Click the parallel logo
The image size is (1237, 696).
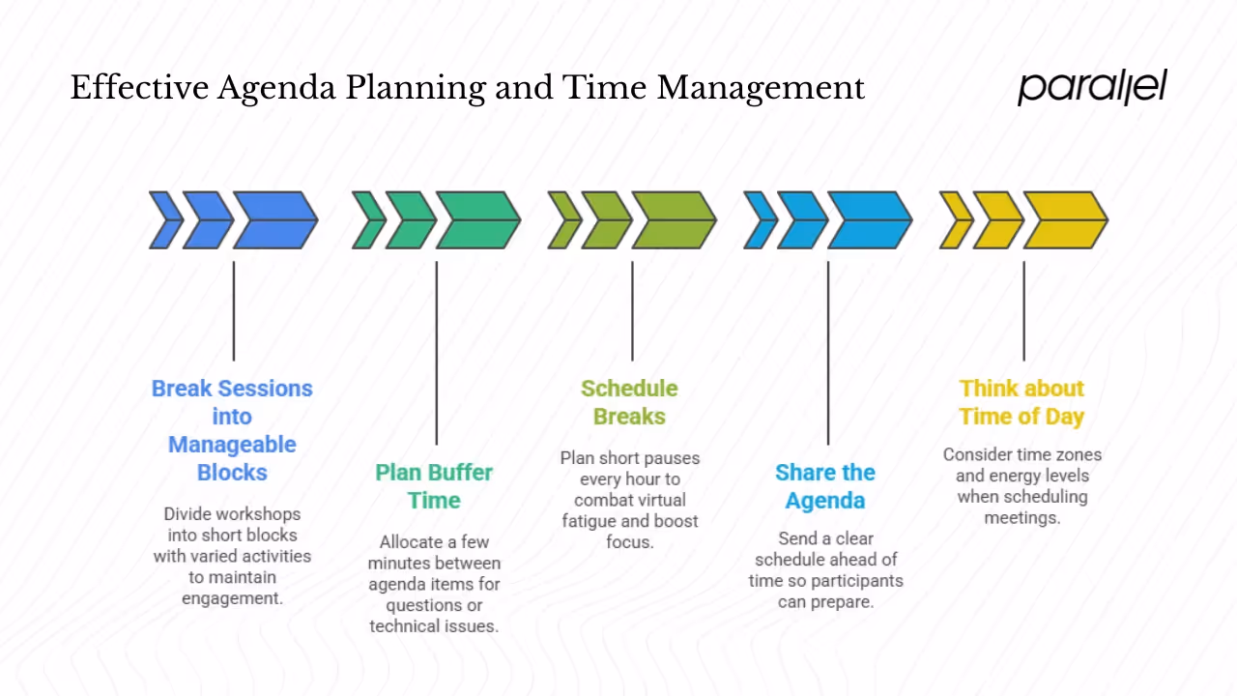click(1092, 87)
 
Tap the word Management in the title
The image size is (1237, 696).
click(761, 88)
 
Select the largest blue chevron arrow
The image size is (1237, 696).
click(275, 220)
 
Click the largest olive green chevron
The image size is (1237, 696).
click(674, 220)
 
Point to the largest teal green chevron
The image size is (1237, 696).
click(477, 220)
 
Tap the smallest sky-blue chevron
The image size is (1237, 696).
click(760, 220)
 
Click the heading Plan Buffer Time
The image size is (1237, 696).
click(434, 486)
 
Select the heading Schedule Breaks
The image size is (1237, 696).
click(629, 402)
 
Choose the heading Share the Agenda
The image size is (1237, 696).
click(825, 486)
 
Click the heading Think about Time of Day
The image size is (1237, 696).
click(1021, 402)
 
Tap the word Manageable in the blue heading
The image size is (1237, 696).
click(232, 445)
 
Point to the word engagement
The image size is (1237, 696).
click(231, 598)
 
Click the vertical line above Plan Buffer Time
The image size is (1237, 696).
click(437, 353)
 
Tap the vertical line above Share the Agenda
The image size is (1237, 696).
click(828, 353)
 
